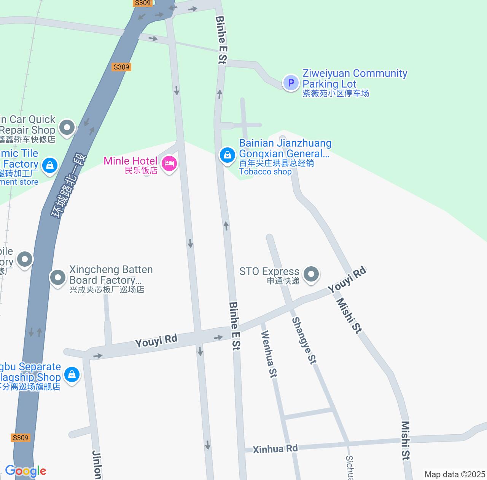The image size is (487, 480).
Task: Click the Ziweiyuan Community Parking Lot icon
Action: [x=291, y=82]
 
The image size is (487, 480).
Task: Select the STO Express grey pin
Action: [x=311, y=274]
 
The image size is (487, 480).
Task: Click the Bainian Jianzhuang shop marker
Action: [x=227, y=155]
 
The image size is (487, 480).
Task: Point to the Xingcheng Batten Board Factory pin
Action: [x=58, y=277]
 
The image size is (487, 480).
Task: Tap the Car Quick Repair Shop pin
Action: [x=67, y=127]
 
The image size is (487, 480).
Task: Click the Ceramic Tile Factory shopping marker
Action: [x=49, y=165]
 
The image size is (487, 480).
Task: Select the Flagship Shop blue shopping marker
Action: [x=72, y=374]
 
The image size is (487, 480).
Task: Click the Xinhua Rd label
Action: [x=275, y=449]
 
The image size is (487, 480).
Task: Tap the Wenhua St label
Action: [x=268, y=354]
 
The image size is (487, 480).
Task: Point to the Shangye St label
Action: [x=304, y=341]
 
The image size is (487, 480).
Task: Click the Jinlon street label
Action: [x=97, y=465]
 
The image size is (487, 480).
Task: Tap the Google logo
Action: [x=25, y=471]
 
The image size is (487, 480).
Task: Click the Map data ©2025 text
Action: [x=455, y=475]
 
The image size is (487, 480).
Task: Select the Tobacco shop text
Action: [x=265, y=171]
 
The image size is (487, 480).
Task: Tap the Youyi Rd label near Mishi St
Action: [x=347, y=280]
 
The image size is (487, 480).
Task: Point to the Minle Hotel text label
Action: [x=131, y=161]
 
